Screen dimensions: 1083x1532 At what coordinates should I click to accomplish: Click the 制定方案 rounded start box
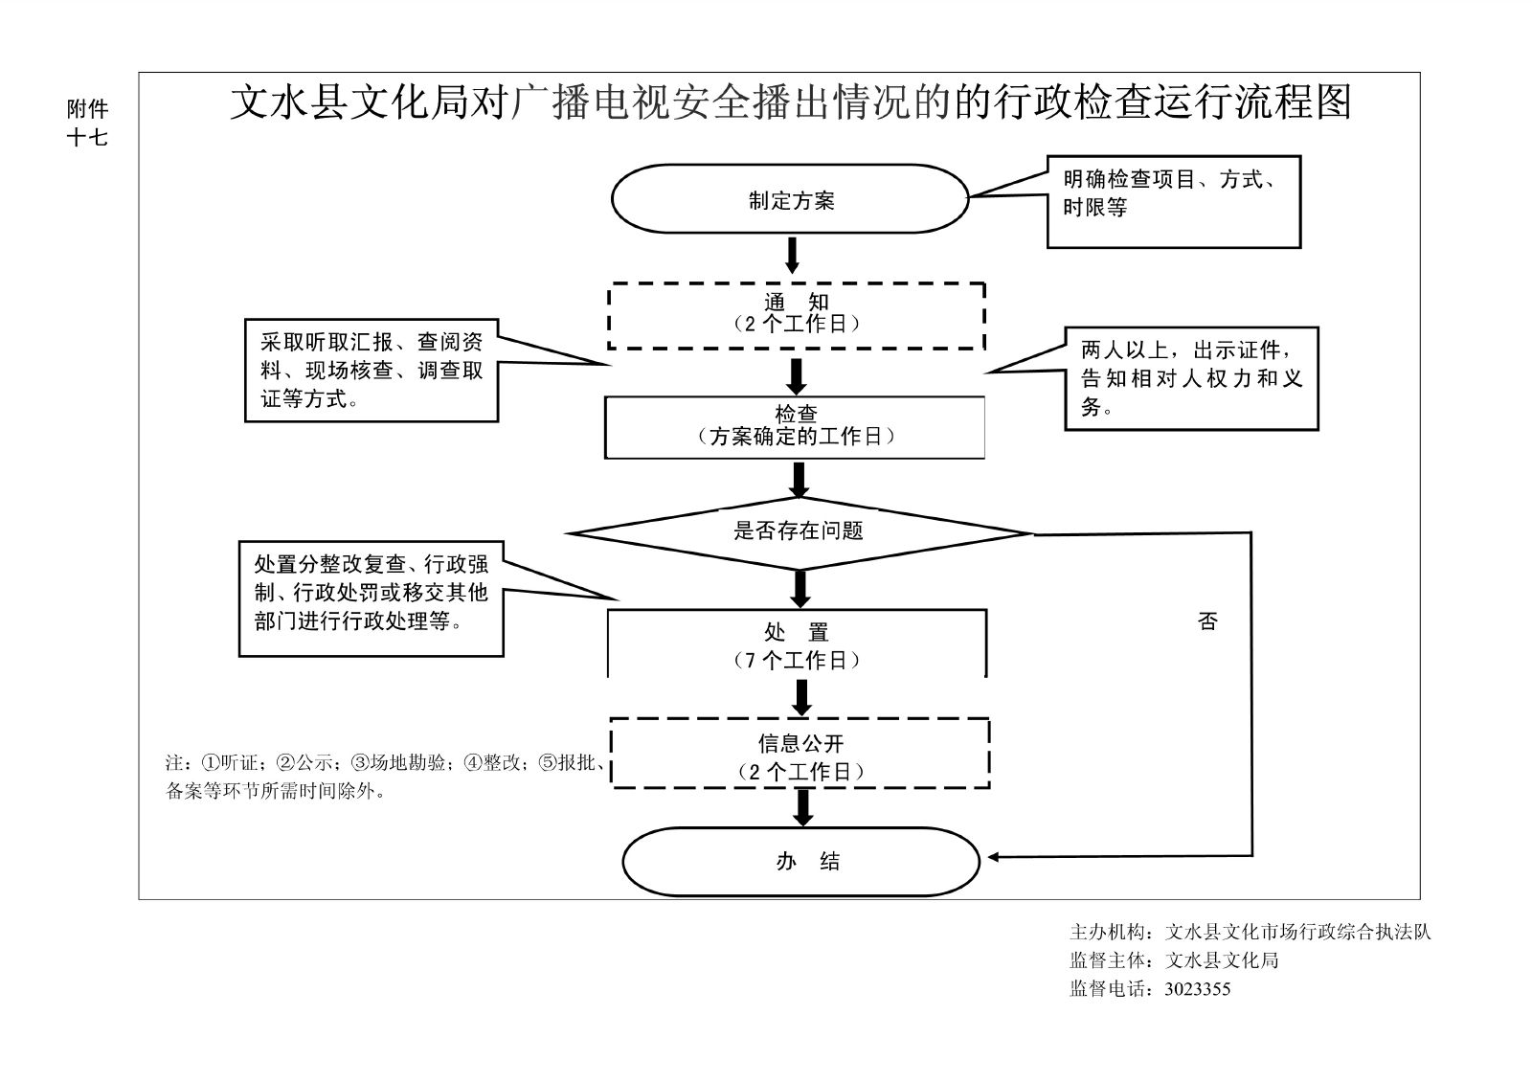coord(791,199)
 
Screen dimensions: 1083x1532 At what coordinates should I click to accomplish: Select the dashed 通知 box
coord(797,315)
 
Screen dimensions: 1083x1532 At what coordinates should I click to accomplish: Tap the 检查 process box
coord(795,427)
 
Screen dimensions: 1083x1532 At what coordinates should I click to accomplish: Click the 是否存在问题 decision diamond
coord(799,531)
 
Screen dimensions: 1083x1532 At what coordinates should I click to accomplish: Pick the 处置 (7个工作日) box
coord(797,645)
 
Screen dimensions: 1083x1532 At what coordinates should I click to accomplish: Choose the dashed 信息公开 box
coord(800,756)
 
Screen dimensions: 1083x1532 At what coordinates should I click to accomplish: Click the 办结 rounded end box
coord(800,862)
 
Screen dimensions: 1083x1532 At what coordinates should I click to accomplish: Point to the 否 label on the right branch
coord(1207,621)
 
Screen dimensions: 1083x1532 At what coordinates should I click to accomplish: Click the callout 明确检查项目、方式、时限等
coord(1173,201)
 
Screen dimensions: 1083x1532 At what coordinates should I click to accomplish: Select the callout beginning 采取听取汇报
coord(372,371)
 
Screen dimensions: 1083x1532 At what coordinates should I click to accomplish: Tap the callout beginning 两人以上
coord(1191,378)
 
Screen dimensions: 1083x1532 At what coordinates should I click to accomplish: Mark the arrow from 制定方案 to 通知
coord(792,255)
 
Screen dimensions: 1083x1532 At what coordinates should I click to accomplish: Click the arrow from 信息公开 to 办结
coord(803,807)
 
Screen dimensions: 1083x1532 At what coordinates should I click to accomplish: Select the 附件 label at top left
coord(86,108)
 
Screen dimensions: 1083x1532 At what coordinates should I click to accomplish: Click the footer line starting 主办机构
coord(1250,932)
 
